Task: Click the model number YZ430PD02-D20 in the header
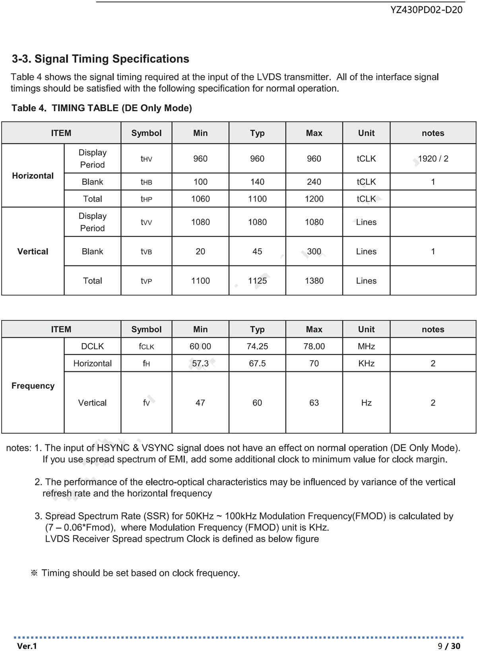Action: (x=426, y=10)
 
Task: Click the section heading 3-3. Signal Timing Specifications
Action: (x=101, y=59)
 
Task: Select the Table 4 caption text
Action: (x=102, y=108)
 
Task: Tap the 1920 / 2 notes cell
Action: (x=433, y=158)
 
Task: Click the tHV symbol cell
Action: (x=146, y=159)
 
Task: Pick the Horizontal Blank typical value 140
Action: (x=257, y=182)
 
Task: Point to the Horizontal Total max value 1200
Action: (x=314, y=199)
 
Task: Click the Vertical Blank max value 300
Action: (x=314, y=251)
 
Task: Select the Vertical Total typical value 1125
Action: (x=257, y=281)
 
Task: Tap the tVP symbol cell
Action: (x=146, y=281)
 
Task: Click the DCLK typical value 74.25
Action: (x=257, y=346)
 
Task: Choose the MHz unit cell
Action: (x=366, y=346)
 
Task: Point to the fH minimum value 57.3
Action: (x=200, y=363)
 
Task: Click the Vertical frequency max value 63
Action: (x=314, y=403)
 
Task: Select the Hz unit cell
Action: (x=366, y=403)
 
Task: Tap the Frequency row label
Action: (x=33, y=386)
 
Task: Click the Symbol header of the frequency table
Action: (x=146, y=329)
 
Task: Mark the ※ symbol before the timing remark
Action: (x=34, y=573)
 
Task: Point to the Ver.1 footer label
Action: (x=27, y=646)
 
